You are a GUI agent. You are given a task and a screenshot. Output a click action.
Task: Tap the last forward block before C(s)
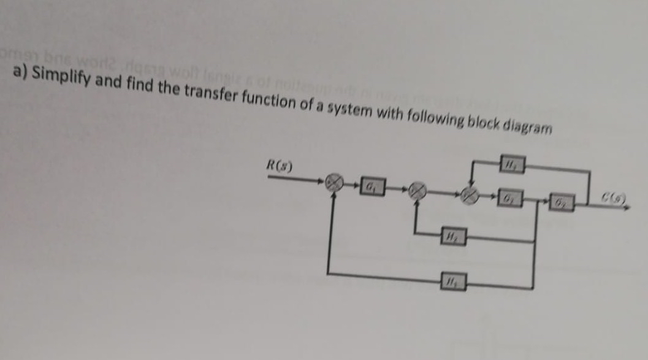point(559,203)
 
